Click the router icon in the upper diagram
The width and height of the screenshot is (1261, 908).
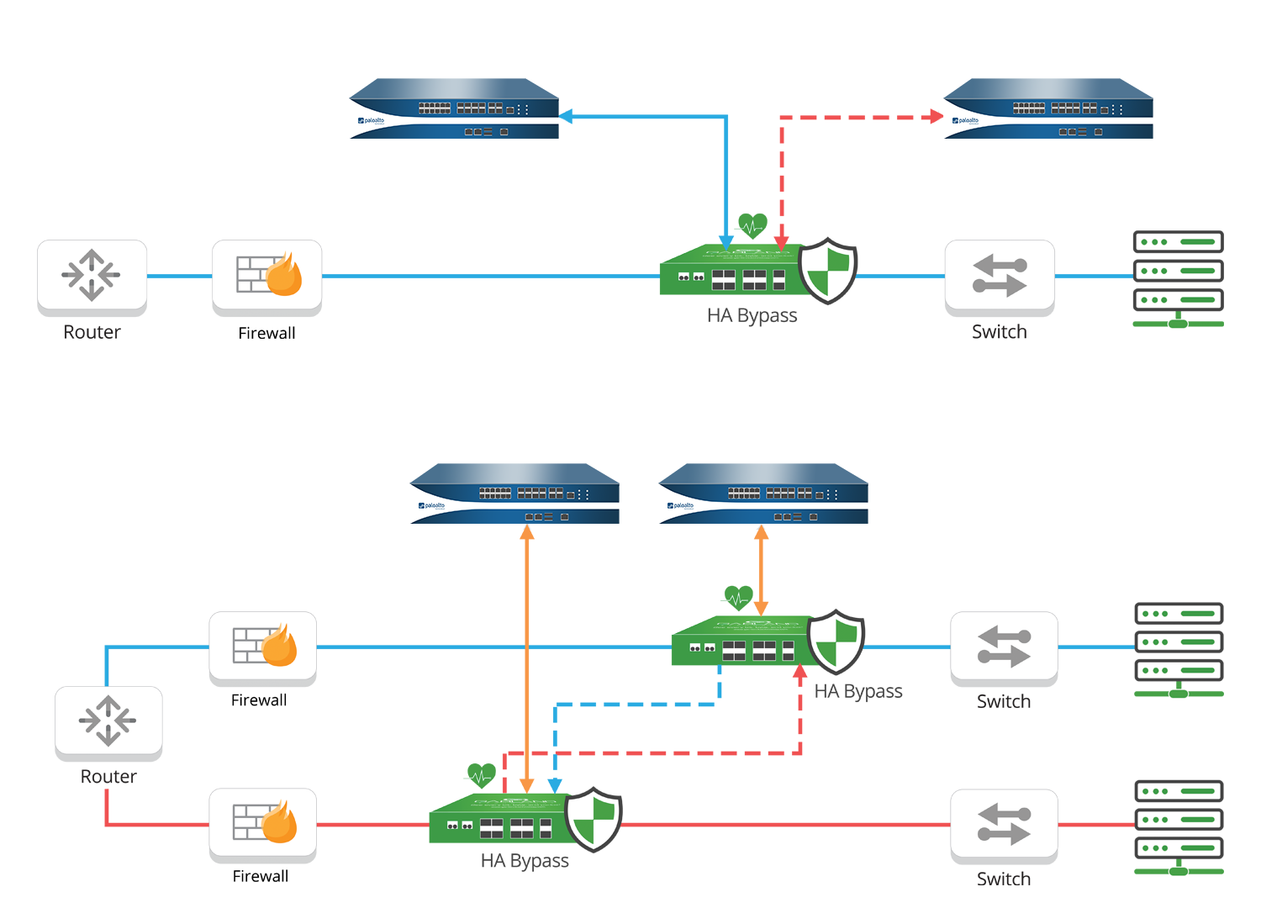[92, 274]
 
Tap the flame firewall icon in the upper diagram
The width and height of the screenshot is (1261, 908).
[267, 274]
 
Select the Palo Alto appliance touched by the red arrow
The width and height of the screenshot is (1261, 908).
[1047, 109]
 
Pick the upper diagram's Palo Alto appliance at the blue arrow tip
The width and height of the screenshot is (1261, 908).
[454, 109]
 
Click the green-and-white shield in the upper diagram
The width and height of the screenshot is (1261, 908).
[827, 271]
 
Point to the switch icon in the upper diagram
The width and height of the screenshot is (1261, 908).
[1000, 274]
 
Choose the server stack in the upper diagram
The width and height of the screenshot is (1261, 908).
[1178, 271]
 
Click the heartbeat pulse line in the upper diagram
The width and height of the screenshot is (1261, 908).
[752, 225]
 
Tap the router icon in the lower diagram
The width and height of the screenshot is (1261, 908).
[108, 720]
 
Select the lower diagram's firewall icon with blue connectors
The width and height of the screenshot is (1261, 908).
[263, 646]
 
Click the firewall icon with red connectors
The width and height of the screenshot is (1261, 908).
[263, 821]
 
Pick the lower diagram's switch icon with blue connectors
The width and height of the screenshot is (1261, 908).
[1004, 646]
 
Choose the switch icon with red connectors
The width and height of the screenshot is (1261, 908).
[1004, 823]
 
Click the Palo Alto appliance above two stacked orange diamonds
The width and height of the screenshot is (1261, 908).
[514, 494]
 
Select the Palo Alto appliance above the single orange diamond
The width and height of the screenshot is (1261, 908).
[763, 494]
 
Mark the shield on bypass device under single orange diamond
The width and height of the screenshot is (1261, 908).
[836, 642]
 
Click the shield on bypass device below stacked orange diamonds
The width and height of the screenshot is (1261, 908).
[594, 819]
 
